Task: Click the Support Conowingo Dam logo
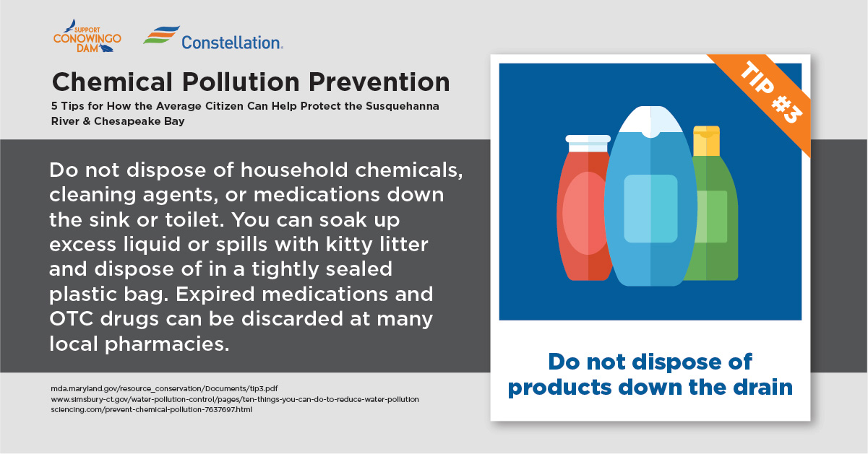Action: tap(87, 36)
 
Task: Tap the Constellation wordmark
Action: tap(232, 43)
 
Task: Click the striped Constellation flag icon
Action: tap(161, 35)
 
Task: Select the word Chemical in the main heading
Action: tap(112, 82)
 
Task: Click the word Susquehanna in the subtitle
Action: tap(403, 106)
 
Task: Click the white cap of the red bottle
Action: tap(588, 143)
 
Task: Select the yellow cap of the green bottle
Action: tap(706, 141)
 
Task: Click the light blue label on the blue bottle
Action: tap(650, 209)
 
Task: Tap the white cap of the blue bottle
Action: tap(650, 121)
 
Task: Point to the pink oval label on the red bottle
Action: tap(585, 213)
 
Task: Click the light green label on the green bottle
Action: tap(711, 217)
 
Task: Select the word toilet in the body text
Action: tap(195, 220)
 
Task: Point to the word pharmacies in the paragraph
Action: tap(167, 344)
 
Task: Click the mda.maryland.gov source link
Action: tap(164, 388)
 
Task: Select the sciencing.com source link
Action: tap(152, 409)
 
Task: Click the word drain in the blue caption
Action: tap(762, 387)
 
